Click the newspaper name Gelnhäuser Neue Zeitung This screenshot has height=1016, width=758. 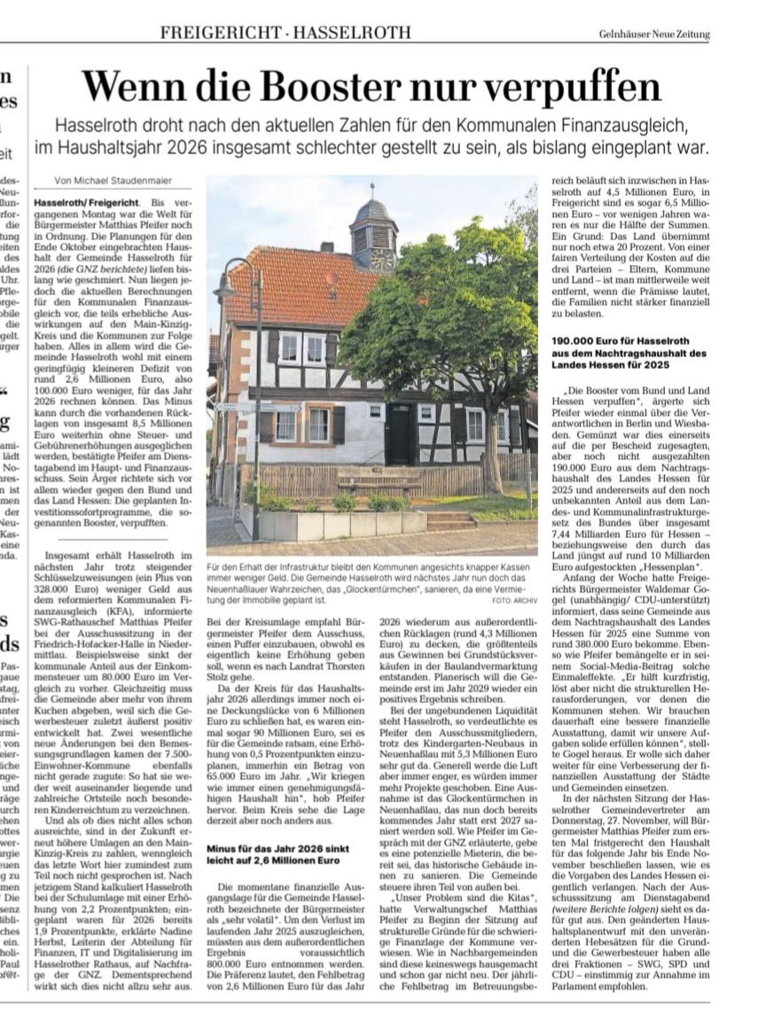click(x=654, y=35)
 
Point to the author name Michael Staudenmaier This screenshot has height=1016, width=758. click(x=126, y=181)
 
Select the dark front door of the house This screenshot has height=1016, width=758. click(x=398, y=434)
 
